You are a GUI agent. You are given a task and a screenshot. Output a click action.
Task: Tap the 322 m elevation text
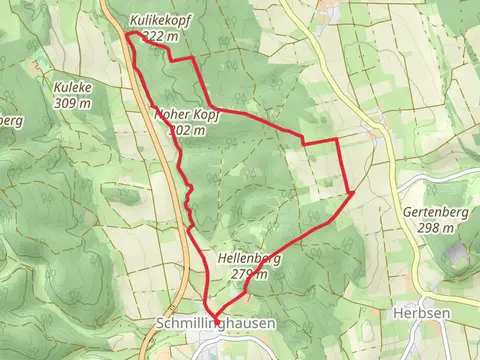pyautogui.click(x=160, y=36)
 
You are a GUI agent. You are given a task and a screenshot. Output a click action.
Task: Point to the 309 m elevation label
pyautogui.click(x=74, y=102)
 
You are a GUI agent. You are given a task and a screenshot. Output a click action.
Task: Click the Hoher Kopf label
pyautogui.click(x=186, y=115)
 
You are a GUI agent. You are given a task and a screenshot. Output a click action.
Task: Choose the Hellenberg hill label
pyautogui.click(x=247, y=259)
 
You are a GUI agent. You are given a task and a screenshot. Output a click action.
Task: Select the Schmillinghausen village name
pyautogui.click(x=215, y=325)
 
